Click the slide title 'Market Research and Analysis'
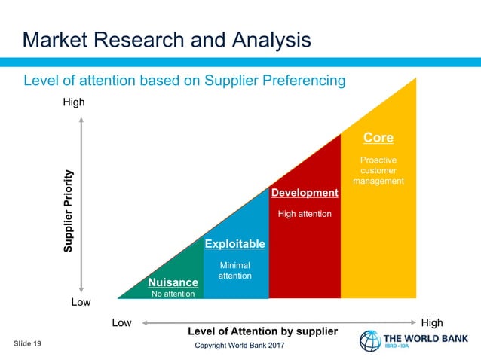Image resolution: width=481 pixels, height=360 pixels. [166, 39]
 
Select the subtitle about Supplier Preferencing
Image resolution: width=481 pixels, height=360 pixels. [185, 80]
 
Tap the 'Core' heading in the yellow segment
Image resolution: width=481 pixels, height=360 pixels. [378, 138]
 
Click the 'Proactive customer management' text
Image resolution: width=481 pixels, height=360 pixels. [378, 171]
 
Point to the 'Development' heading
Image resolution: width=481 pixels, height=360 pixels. [305, 194]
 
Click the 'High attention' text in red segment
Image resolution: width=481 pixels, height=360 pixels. [305, 214]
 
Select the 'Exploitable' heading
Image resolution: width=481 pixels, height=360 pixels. [235, 244]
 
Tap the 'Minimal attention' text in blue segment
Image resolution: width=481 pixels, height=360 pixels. [234, 271]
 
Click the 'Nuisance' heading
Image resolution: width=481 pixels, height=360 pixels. [173, 282]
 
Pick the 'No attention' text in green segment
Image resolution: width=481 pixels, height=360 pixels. [173, 294]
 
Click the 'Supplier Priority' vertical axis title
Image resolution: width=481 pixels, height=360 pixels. [69, 211]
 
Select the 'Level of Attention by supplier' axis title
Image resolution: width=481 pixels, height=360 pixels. [262, 331]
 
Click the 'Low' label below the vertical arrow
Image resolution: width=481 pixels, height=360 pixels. [81, 302]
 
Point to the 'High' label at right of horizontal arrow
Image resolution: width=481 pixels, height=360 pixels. [432, 322]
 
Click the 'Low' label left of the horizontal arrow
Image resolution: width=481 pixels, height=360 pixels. [121, 322]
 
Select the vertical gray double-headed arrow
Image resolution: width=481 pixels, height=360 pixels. [81, 203]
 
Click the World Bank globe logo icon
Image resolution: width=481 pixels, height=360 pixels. [370, 341]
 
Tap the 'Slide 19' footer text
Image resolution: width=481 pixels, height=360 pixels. [27, 343]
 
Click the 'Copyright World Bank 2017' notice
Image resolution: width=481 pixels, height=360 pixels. [240, 345]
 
